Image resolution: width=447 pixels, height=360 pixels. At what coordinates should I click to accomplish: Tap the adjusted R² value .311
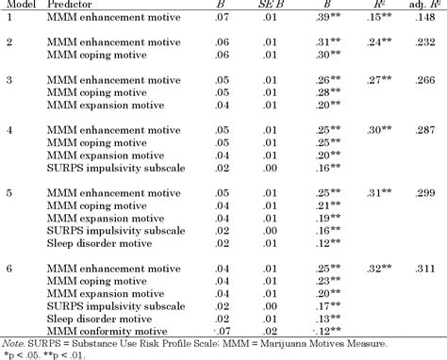(x=417, y=269)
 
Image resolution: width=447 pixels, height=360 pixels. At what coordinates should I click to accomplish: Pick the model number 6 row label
(x=9, y=269)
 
